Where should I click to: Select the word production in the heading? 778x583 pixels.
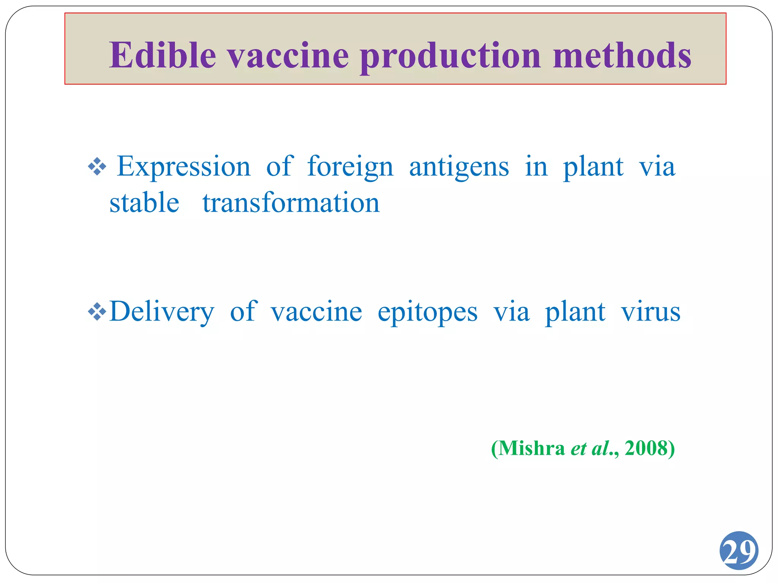point(450,56)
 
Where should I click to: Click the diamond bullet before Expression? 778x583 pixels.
point(97,167)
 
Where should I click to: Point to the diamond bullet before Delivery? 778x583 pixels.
point(97,312)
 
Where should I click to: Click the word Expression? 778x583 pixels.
point(183,167)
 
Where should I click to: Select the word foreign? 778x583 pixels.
point(350,167)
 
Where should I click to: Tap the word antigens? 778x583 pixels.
point(459,167)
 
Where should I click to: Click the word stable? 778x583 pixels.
point(144,203)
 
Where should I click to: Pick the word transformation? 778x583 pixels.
point(291,203)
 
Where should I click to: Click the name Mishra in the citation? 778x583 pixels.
point(531,448)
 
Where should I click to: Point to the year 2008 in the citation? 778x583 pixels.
point(646,448)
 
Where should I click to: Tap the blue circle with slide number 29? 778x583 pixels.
point(738,550)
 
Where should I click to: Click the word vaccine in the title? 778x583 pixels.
point(288,56)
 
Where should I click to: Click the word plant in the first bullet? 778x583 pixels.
point(593,167)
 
